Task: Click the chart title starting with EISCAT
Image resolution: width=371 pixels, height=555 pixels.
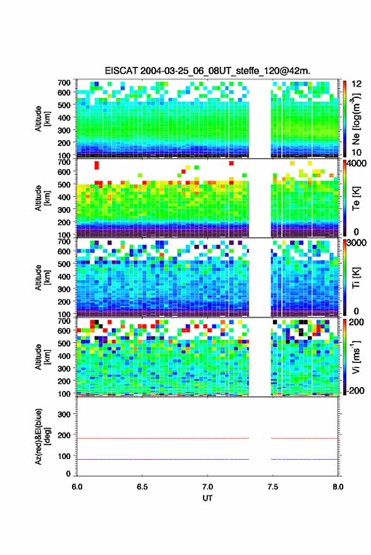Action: tap(207, 71)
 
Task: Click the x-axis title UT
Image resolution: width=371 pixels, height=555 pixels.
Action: tap(207, 498)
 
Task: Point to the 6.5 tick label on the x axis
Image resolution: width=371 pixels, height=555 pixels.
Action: tap(142, 487)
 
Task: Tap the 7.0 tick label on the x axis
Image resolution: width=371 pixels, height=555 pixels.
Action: tap(207, 487)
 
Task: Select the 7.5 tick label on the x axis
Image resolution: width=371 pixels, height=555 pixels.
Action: tap(272, 487)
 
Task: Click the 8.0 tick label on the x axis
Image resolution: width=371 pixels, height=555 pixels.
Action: tap(338, 487)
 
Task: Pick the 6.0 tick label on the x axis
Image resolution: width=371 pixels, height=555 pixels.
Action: tap(77, 487)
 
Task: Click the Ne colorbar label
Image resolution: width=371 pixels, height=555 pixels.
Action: tap(356, 119)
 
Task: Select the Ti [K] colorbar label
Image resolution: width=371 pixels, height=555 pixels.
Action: tap(356, 278)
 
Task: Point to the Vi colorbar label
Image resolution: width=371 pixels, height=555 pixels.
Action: tap(356, 357)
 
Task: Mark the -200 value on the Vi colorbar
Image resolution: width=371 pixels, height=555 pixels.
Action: tap(355, 390)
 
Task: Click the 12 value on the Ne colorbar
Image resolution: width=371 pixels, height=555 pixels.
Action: tap(357, 84)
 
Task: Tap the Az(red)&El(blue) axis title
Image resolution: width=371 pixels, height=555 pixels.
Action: tap(43, 436)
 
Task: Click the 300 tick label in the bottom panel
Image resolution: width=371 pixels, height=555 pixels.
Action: tap(64, 414)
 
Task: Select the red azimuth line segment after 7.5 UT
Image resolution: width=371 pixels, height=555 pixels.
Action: tap(305, 438)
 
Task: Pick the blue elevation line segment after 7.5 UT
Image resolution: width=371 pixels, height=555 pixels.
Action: tap(305, 459)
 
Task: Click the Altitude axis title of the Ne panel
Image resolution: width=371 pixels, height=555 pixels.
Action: tap(43, 119)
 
